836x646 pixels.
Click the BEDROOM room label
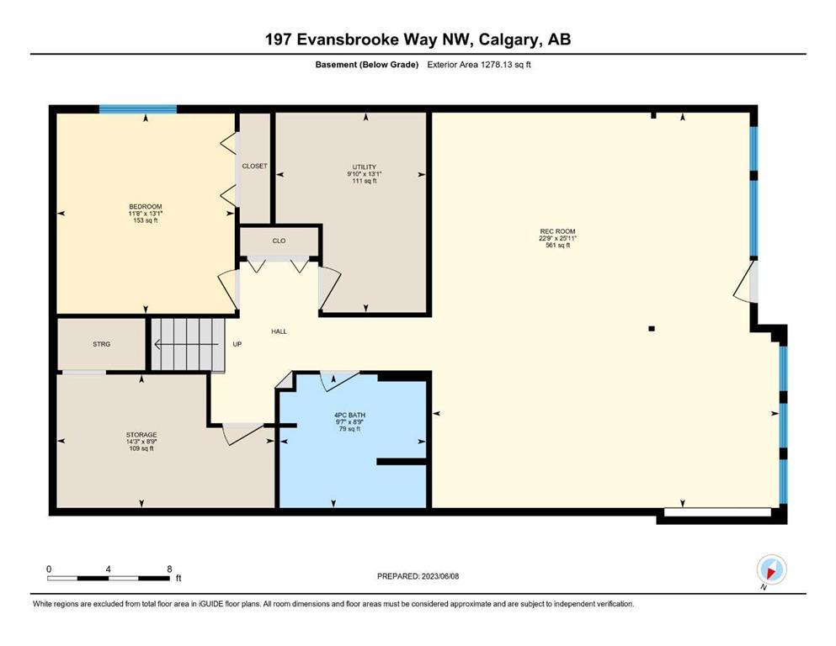pyautogui.click(x=146, y=207)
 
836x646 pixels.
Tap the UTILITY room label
pyautogui.click(x=365, y=167)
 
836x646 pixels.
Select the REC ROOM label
pyautogui.click(x=557, y=231)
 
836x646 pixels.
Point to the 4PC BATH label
pyautogui.click(x=349, y=415)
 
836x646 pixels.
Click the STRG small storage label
pyautogui.click(x=101, y=344)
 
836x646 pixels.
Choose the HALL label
pyautogui.click(x=279, y=331)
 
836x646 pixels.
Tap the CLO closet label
pyautogui.click(x=279, y=241)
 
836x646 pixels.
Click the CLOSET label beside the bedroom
pyautogui.click(x=255, y=167)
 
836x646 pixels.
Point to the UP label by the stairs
pyautogui.click(x=237, y=344)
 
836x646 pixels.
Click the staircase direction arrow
pyautogui.click(x=187, y=345)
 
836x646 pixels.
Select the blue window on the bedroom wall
pyautogui.click(x=138, y=109)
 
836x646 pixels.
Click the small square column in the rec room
pyautogui.click(x=652, y=329)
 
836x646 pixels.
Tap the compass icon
pyautogui.click(x=771, y=569)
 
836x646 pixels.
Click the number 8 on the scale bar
pyautogui.click(x=169, y=569)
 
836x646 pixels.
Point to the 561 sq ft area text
pyautogui.click(x=557, y=245)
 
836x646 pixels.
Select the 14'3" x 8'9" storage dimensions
pyautogui.click(x=141, y=442)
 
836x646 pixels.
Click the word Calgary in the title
pyautogui.click(x=509, y=40)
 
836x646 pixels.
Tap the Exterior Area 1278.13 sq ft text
pyautogui.click(x=479, y=65)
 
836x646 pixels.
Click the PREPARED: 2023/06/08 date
pyautogui.click(x=418, y=576)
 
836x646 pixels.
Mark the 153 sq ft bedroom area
pyautogui.click(x=146, y=220)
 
